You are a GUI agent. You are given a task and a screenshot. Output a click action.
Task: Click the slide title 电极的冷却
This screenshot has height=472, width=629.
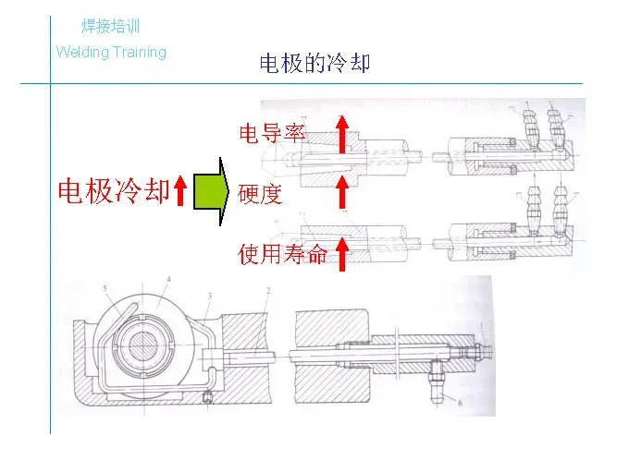pos(314,64)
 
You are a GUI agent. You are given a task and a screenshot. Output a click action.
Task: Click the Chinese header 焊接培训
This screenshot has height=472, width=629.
pos(111,27)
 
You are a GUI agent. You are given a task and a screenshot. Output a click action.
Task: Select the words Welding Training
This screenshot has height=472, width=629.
pos(111,52)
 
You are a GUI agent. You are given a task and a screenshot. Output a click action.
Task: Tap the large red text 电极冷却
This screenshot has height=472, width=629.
pos(114,191)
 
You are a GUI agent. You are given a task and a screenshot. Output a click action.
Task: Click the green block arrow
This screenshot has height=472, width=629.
pos(210,191)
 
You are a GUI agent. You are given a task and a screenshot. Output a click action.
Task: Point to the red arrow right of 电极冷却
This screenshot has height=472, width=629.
pos(181,191)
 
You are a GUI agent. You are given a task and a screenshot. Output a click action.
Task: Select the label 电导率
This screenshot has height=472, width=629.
pos(272,134)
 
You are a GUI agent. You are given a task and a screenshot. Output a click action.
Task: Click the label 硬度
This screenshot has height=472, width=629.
pos(259,195)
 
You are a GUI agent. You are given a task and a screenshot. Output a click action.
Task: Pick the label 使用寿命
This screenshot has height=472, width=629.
pos(283,254)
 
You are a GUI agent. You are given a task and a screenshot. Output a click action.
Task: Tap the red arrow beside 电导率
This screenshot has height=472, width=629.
pos(341,135)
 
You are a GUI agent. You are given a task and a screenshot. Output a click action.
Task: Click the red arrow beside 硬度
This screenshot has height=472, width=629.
pos(341,195)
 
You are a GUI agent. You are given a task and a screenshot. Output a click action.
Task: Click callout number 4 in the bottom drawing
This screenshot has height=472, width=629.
pos(168,280)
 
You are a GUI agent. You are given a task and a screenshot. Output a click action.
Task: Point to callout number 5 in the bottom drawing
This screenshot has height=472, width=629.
pos(106,289)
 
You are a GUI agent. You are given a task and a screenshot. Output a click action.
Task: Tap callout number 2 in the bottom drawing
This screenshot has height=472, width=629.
pos(267,291)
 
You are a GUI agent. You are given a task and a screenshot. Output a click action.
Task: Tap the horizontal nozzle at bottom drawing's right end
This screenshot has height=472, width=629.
pos(484,352)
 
